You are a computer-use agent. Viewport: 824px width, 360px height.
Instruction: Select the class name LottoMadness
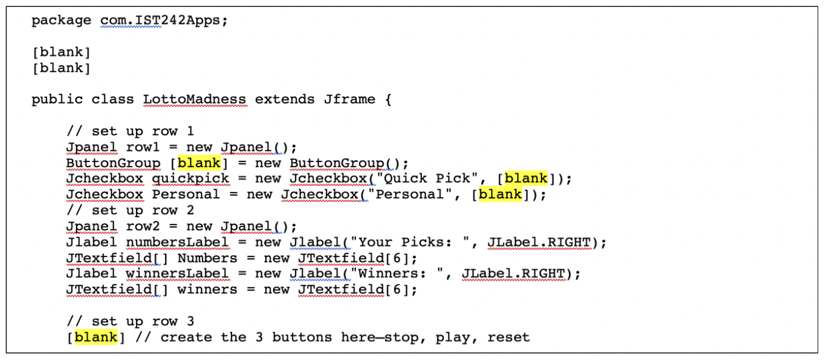tap(194, 100)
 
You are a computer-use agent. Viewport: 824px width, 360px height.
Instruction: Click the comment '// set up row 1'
tap(130, 131)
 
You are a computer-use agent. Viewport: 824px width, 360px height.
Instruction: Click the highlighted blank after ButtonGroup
tap(199, 163)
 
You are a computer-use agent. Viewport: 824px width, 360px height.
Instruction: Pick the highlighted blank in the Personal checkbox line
tap(501, 194)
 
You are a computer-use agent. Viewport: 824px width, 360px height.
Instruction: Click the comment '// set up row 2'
tap(130, 210)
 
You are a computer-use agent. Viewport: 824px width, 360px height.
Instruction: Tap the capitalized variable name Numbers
tap(207, 258)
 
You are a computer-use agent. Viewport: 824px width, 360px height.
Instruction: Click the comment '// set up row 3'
tap(130, 321)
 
